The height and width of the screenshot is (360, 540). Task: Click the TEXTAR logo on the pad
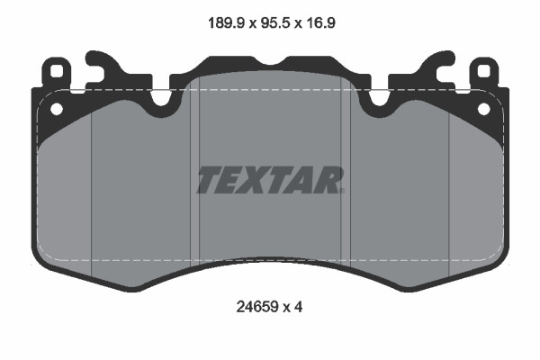pos(270,181)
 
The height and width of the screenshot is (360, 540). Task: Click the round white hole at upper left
pos(56,109)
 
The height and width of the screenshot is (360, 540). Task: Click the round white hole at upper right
pos(484,109)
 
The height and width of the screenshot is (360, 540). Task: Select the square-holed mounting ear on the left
pos(57,72)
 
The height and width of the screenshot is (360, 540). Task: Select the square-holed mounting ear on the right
pos(483,72)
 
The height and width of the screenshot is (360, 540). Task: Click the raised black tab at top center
pos(270,66)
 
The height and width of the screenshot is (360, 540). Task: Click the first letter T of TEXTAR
pos(209,181)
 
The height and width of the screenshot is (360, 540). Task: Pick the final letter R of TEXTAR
pos(330,181)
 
